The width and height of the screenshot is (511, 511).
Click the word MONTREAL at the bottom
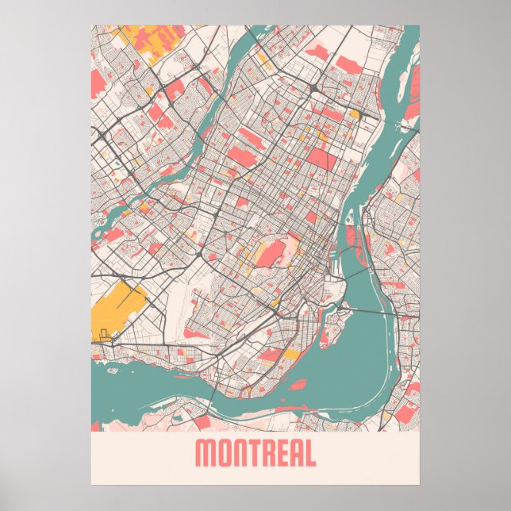click(255, 453)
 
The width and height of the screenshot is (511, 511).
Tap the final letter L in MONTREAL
click(312, 453)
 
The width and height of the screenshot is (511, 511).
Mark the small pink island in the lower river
click(298, 385)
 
